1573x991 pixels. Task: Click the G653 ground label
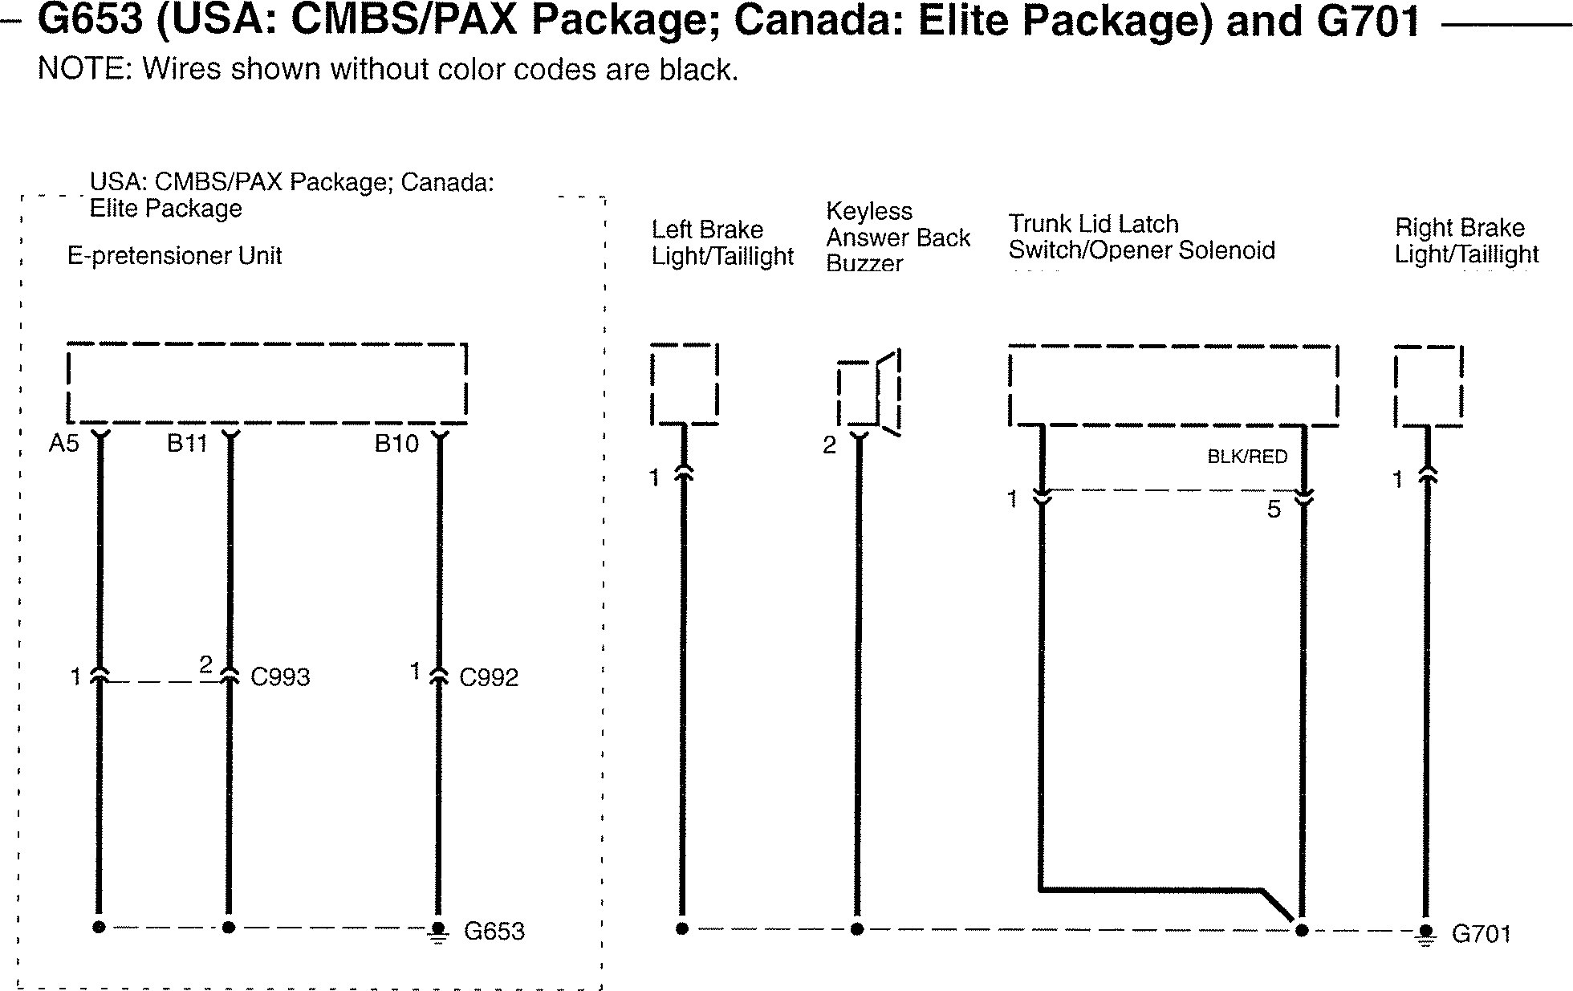(x=494, y=932)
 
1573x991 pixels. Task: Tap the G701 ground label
(x=1482, y=934)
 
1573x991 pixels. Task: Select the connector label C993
(x=280, y=677)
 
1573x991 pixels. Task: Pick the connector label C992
(x=489, y=677)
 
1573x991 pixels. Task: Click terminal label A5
(x=64, y=443)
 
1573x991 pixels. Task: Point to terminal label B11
(x=187, y=443)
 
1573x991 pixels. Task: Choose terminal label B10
(x=396, y=443)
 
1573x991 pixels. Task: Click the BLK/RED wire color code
(x=1247, y=457)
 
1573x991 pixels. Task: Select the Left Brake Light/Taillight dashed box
(x=685, y=384)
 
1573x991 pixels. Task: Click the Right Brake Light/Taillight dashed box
(x=1429, y=386)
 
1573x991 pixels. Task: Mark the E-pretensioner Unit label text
(x=174, y=256)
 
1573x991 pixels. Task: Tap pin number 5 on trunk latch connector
(x=1274, y=510)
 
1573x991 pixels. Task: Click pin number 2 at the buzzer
(x=830, y=445)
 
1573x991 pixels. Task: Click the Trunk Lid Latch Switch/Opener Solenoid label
(x=1141, y=237)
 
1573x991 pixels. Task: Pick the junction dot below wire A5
(x=99, y=928)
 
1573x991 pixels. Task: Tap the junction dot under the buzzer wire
(x=857, y=929)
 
